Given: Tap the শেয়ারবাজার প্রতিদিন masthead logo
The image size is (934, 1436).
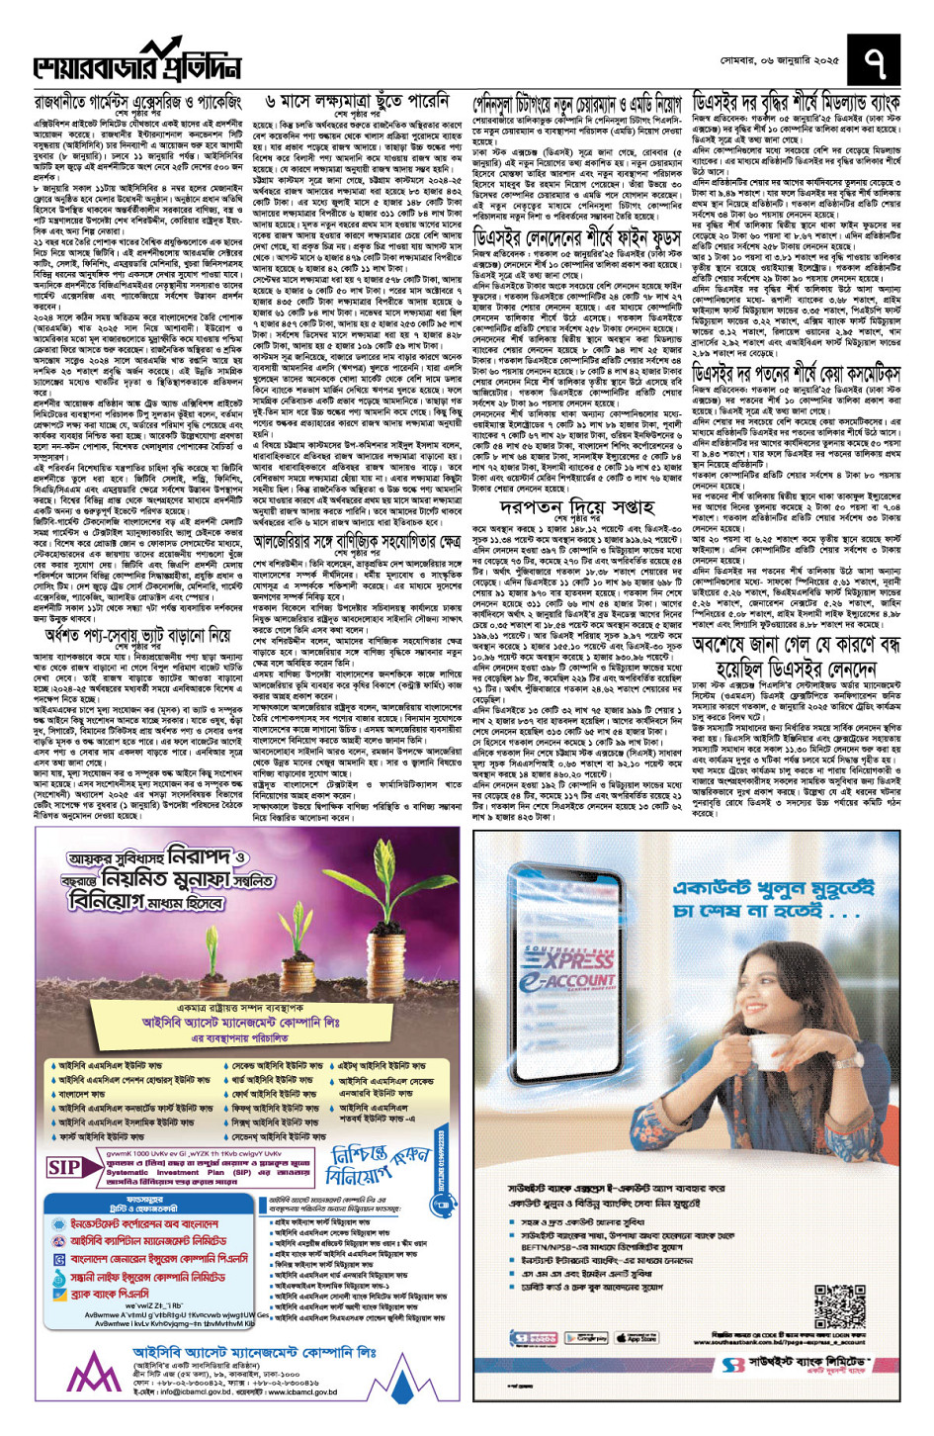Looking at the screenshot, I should tap(137, 61).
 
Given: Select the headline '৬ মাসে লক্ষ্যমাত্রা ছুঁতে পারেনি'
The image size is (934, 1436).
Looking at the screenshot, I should tap(358, 101).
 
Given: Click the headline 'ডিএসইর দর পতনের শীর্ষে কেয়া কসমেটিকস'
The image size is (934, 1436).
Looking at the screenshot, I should tap(796, 374).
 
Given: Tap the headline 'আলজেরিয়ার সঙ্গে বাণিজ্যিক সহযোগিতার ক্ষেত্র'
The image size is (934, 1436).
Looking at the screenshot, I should tap(357, 541).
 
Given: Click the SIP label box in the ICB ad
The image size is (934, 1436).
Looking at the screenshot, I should tap(64, 1168).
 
